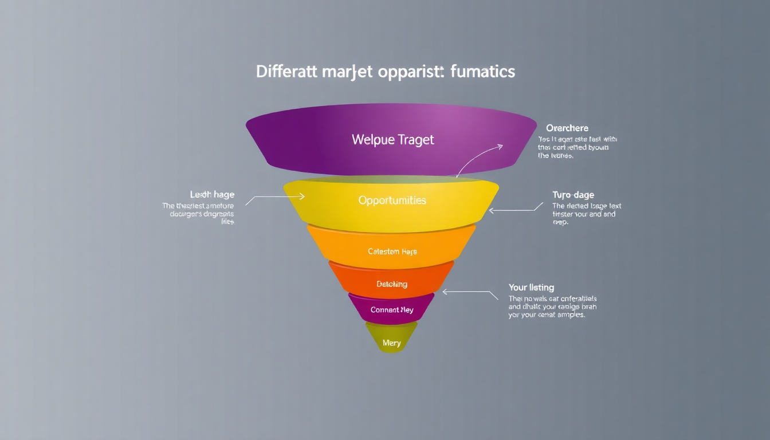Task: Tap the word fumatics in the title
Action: click(483, 72)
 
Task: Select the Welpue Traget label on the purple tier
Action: click(393, 139)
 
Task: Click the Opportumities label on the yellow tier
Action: click(392, 201)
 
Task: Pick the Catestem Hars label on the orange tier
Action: click(392, 252)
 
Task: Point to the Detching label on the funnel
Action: click(392, 284)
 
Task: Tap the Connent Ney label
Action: click(392, 310)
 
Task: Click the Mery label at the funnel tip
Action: click(391, 343)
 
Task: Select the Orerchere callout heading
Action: click(567, 128)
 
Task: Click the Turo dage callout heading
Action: click(573, 195)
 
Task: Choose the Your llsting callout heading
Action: click(531, 287)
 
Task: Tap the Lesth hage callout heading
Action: click(212, 195)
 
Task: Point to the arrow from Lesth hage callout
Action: click(275, 197)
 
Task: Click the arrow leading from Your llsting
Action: click(470, 292)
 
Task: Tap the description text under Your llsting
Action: click(552, 307)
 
